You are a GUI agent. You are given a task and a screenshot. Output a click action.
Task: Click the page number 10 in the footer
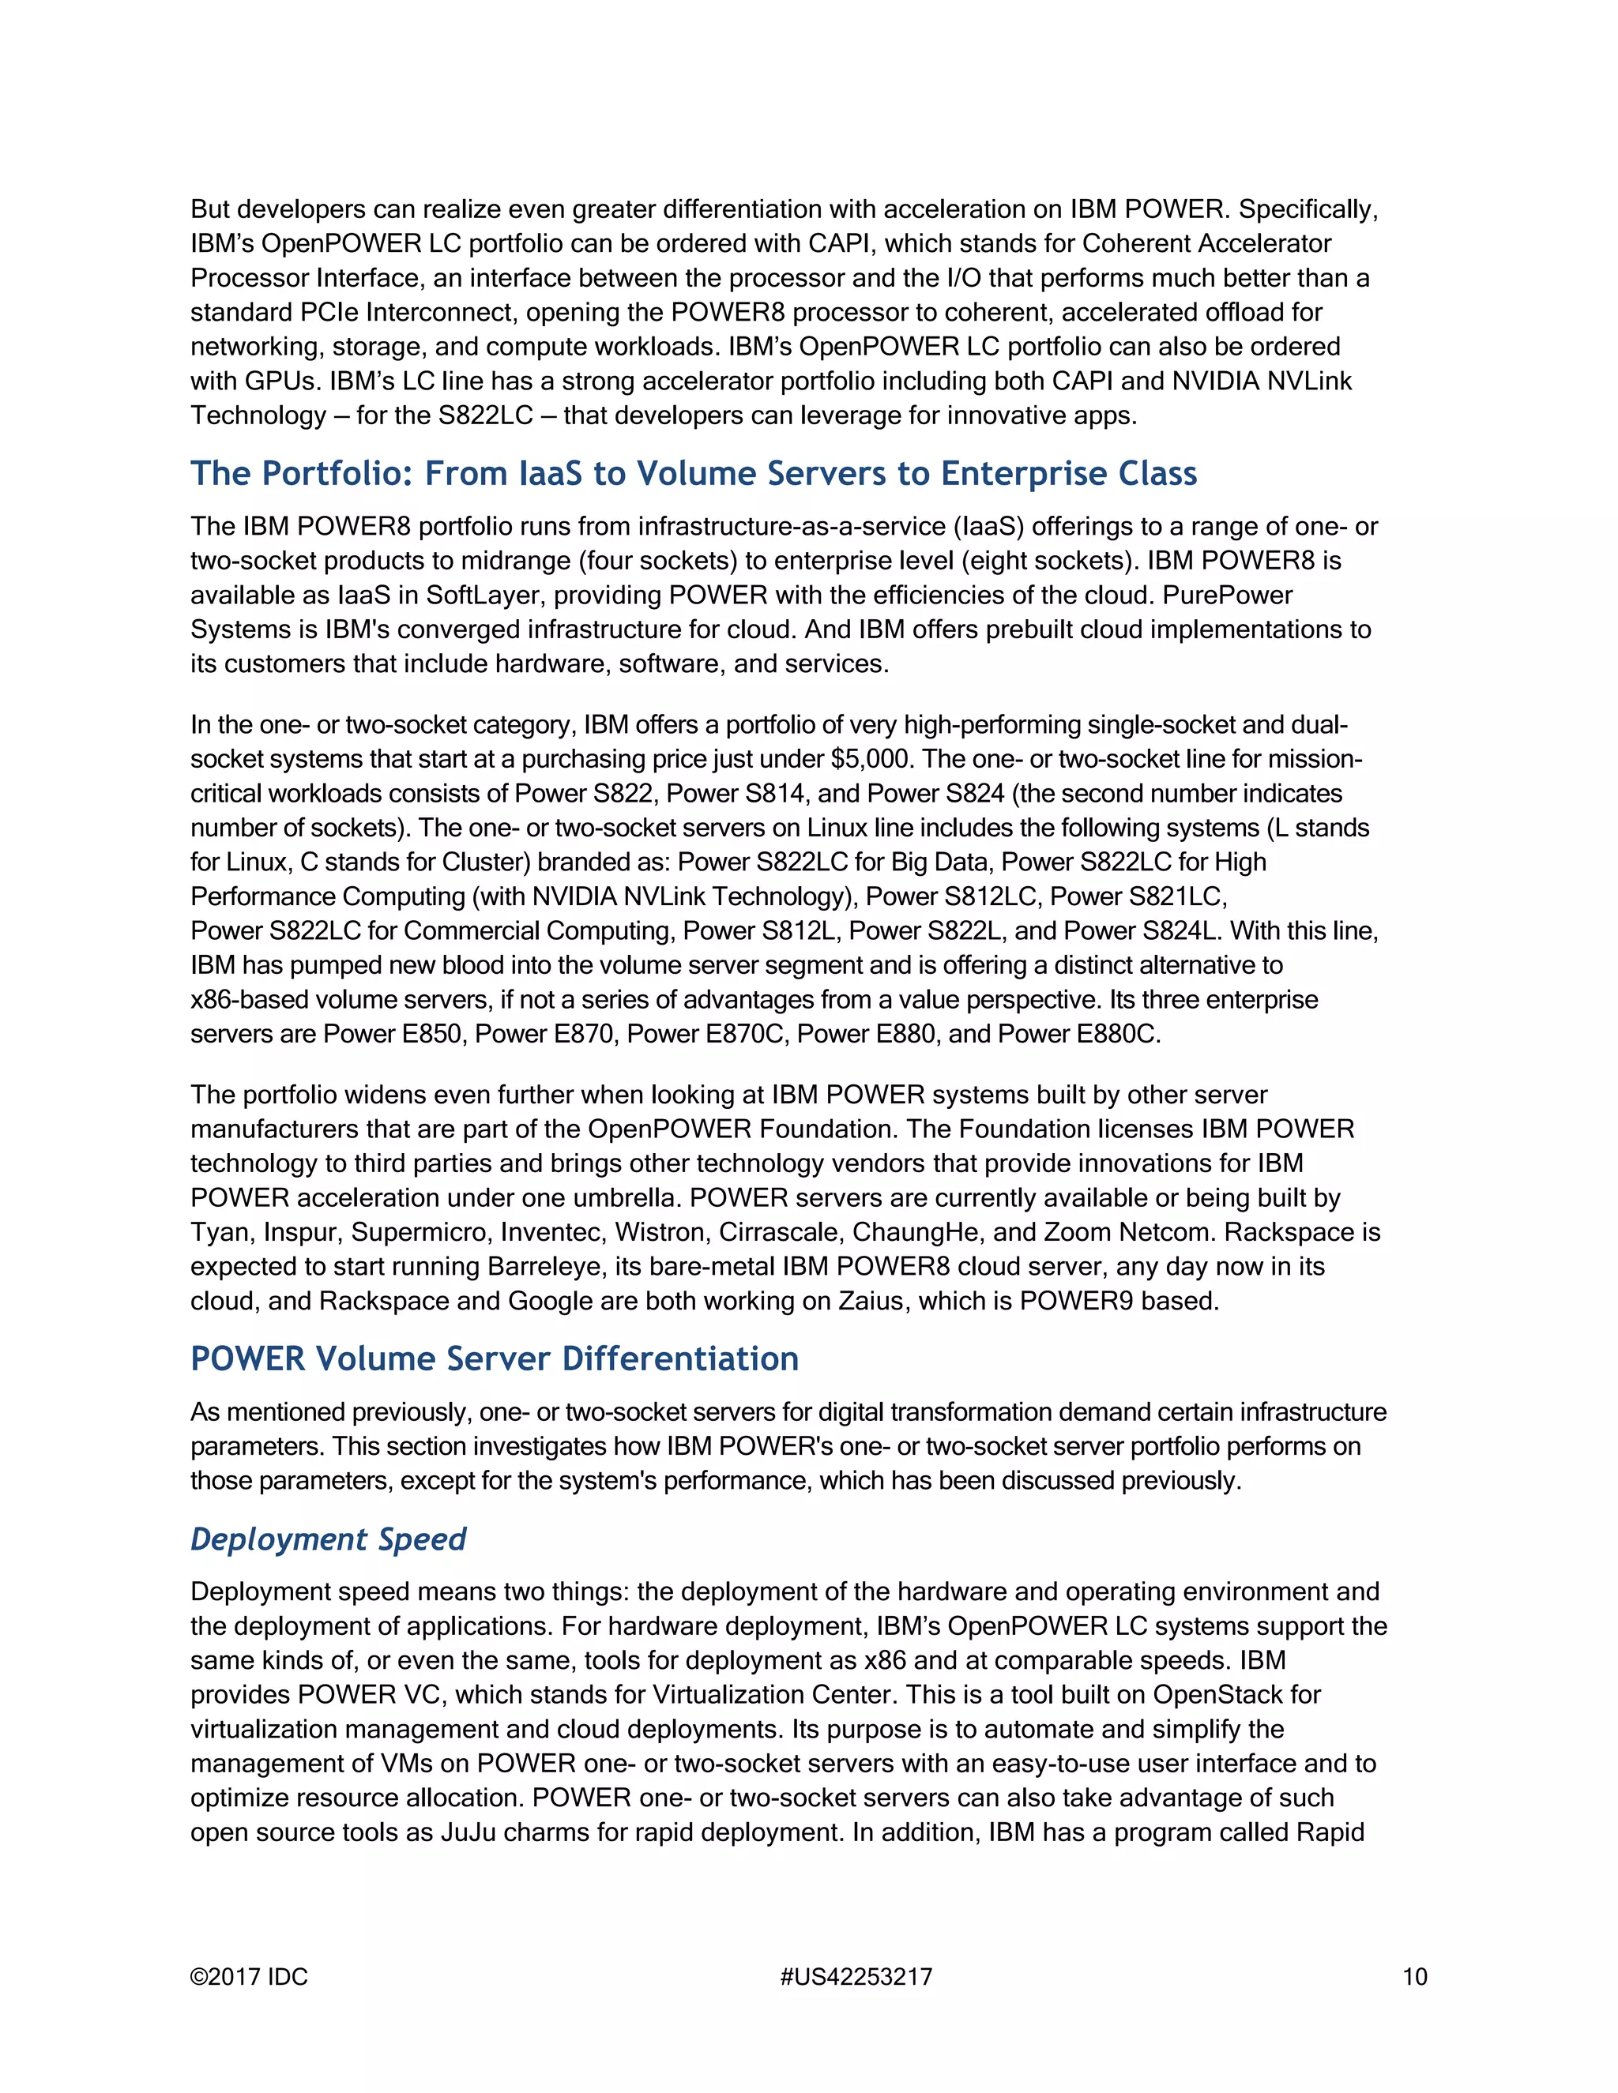(1414, 1977)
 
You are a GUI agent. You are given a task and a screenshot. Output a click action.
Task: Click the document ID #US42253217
(856, 1977)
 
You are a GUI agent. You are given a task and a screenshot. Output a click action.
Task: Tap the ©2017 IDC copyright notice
(249, 1977)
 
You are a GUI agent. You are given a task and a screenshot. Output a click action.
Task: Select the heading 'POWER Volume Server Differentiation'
(494, 1359)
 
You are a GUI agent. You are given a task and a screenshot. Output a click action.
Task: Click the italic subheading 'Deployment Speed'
(328, 1539)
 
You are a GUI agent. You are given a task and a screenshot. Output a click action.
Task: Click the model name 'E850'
(432, 1034)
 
